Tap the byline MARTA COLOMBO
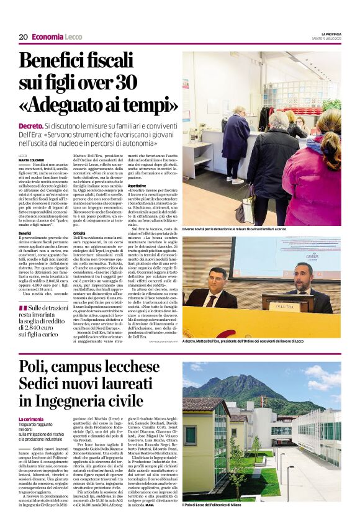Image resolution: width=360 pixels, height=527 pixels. [x=31, y=159]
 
